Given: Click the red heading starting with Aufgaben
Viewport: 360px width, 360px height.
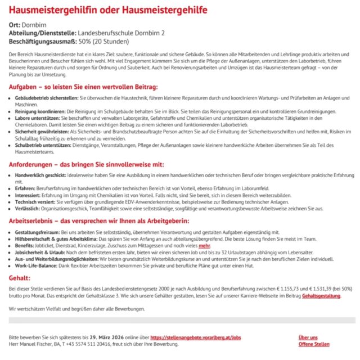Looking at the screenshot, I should pos(83,87).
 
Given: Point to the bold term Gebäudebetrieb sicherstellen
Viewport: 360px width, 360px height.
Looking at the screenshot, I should pos(42,97).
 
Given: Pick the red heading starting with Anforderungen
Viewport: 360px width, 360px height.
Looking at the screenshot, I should pos(86,164).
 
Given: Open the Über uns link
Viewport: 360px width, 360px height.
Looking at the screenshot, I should pos(308,337).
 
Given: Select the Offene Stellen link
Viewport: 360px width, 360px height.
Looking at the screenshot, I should pos(314,344).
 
